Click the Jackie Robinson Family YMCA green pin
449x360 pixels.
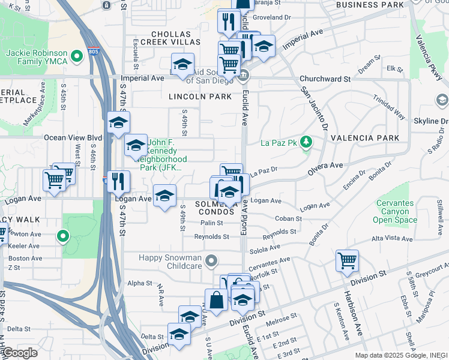76,57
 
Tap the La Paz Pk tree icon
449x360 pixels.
307,142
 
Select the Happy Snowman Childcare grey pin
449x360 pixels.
210,261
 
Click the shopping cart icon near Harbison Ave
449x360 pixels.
347,260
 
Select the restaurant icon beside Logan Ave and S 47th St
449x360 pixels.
119,179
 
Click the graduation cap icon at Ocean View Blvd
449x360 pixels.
119,123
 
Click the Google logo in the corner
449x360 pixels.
20,353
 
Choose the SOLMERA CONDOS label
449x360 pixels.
215,208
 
